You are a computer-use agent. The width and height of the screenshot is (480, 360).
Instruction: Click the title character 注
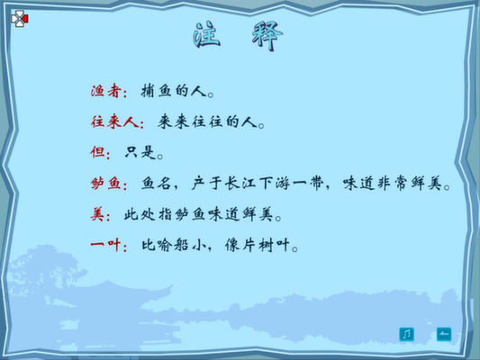207,34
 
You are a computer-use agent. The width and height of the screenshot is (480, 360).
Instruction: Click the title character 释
267,36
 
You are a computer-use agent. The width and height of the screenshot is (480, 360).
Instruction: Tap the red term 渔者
105,91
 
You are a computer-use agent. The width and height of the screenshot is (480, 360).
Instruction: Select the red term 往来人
113,122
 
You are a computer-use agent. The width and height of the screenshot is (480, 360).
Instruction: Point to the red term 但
97,152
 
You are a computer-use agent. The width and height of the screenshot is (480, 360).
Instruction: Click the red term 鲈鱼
105,184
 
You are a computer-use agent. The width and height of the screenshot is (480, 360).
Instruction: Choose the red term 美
97,214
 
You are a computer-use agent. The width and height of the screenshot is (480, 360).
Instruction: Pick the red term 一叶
105,245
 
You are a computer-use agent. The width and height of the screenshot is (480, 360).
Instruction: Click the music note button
406,334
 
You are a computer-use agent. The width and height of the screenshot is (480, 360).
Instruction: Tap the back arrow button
444,334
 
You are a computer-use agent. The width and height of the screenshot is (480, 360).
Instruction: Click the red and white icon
20,19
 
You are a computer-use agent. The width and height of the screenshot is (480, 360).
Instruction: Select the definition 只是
140,152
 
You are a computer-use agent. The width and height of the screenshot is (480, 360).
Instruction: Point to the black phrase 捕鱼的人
174,91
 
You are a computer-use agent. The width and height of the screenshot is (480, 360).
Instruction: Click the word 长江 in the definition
241,184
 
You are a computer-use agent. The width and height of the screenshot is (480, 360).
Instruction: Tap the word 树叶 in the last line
274,245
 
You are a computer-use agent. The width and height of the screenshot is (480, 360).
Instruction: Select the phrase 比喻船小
173,245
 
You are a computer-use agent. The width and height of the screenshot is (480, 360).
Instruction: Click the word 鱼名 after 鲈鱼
156,184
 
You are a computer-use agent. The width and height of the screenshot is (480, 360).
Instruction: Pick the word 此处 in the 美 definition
140,214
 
